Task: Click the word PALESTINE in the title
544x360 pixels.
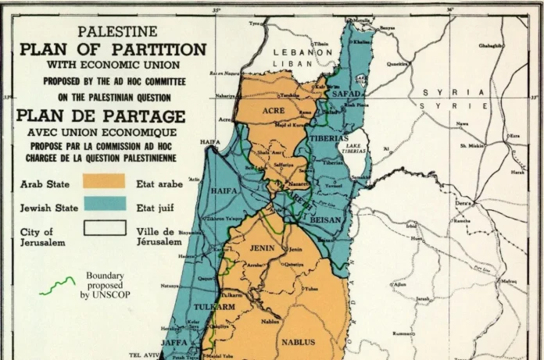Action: pos(116,31)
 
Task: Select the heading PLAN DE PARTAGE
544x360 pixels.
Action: pos(101,116)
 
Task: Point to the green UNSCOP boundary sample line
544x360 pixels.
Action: pos(57,286)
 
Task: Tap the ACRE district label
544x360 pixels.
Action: pos(273,111)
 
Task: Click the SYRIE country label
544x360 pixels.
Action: pos(445,105)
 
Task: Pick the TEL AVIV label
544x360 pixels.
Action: pos(146,355)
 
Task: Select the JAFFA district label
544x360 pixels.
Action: pos(174,342)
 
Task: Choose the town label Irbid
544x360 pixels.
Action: pos(411,226)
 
